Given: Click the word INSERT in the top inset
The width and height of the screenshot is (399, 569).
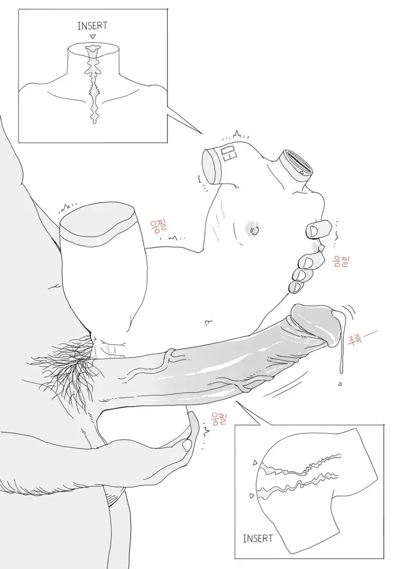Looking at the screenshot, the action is pyautogui.click(x=92, y=26).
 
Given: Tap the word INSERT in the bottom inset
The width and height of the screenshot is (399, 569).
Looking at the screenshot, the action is pyautogui.click(x=258, y=538).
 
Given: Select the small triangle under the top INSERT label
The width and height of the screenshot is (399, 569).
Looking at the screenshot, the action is pyautogui.click(x=93, y=37).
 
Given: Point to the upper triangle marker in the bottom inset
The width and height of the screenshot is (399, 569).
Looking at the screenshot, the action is pyautogui.click(x=255, y=463).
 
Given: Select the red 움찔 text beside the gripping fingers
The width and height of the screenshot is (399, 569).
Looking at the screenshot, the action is pyautogui.click(x=341, y=261).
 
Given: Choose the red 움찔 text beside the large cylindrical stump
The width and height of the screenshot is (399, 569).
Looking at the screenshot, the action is pyautogui.click(x=158, y=226).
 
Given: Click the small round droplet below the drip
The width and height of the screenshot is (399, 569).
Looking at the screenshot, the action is pyautogui.click(x=340, y=384).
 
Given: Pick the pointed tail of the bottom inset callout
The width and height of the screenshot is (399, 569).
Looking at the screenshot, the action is pyautogui.click(x=236, y=400).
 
